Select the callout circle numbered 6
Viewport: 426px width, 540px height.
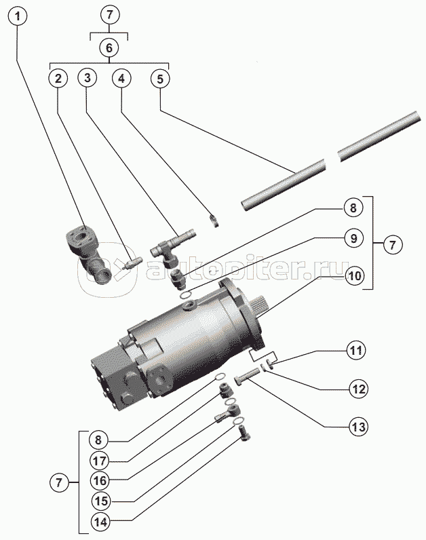tap(109, 47)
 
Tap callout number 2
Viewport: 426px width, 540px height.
tap(58, 79)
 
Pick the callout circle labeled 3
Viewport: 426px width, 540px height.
tap(87, 78)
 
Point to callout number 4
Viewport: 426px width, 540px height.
tap(121, 79)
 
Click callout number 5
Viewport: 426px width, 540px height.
tap(160, 79)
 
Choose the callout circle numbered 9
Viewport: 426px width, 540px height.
tap(353, 238)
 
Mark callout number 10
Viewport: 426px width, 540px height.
tap(354, 276)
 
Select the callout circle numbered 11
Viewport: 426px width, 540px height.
tap(355, 350)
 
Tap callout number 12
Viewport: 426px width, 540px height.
tap(358, 389)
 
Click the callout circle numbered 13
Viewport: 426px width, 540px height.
tap(358, 427)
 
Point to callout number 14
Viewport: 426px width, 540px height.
tap(101, 522)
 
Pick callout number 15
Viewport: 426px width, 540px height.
tap(102, 501)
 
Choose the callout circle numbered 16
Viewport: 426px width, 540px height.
tap(100, 480)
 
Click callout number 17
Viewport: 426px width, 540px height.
tap(100, 461)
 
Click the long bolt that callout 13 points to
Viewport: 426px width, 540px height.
tap(247, 376)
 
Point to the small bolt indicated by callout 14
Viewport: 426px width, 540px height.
tap(244, 432)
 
